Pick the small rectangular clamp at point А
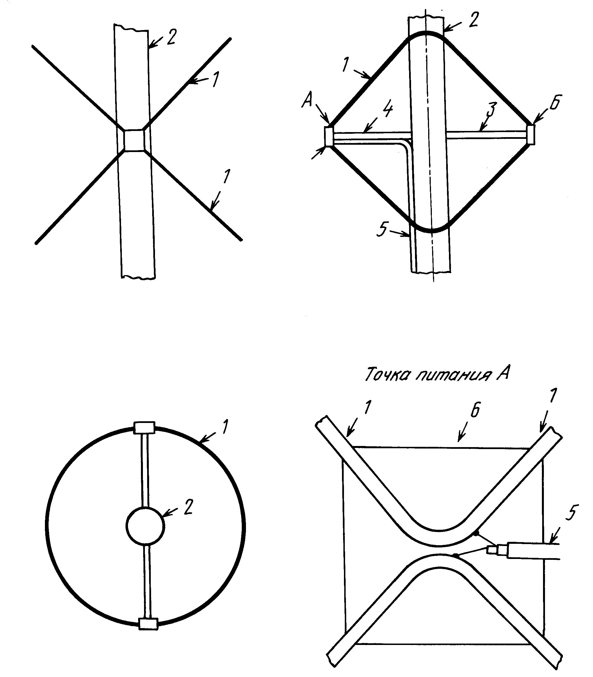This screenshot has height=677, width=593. coord(329,136)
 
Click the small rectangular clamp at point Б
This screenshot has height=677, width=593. coord(531,134)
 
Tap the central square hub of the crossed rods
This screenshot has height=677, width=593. coord(134,141)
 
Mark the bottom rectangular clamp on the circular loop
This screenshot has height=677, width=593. coord(149,624)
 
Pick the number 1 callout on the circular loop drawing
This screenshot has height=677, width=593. coord(225,428)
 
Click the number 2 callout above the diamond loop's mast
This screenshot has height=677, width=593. coord(474,20)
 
